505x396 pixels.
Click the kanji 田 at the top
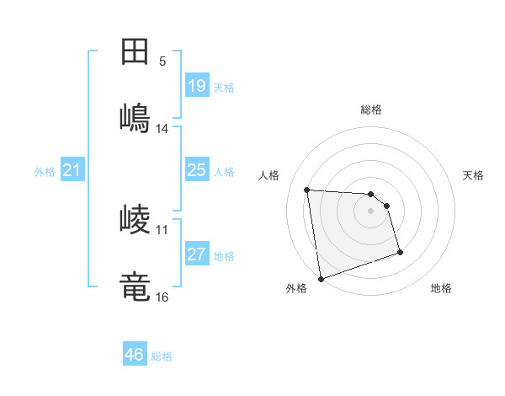(x=136, y=51)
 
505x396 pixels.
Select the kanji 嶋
(x=136, y=117)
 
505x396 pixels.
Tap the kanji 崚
(x=136, y=220)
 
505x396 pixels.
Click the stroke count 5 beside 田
(x=162, y=62)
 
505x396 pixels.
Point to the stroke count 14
(x=162, y=129)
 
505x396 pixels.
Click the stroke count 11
(x=162, y=229)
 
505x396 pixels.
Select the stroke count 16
(x=162, y=297)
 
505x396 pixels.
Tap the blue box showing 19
(x=197, y=86)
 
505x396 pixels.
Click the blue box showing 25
(x=197, y=170)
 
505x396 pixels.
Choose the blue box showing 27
(x=197, y=254)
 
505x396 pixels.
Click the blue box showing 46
(x=135, y=355)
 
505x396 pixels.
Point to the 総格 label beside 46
(x=162, y=356)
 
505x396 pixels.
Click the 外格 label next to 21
(x=45, y=172)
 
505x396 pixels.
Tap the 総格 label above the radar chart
(x=371, y=110)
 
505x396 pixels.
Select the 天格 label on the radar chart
(x=474, y=175)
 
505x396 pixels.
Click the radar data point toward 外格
(x=320, y=278)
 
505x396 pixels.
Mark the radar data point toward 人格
(x=307, y=190)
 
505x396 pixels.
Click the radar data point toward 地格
(x=400, y=252)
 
